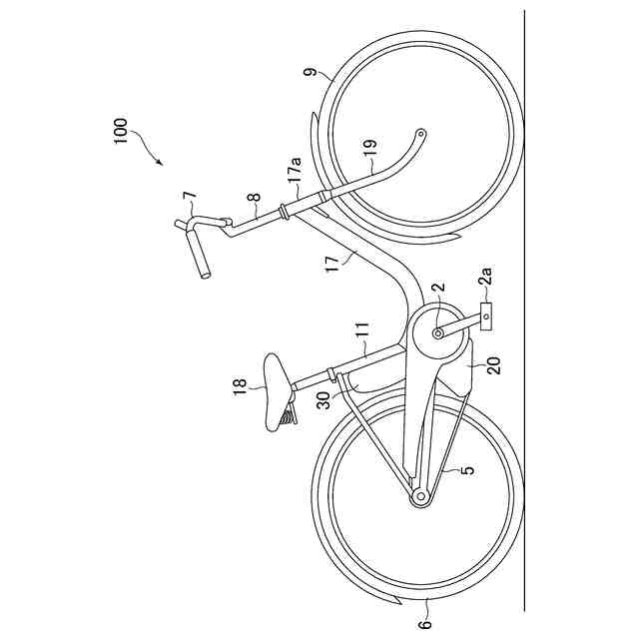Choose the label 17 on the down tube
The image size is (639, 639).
tap(333, 262)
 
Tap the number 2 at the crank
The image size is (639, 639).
tap(436, 292)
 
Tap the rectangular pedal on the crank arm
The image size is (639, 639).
tap(486, 319)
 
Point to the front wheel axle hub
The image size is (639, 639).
tap(420, 132)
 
